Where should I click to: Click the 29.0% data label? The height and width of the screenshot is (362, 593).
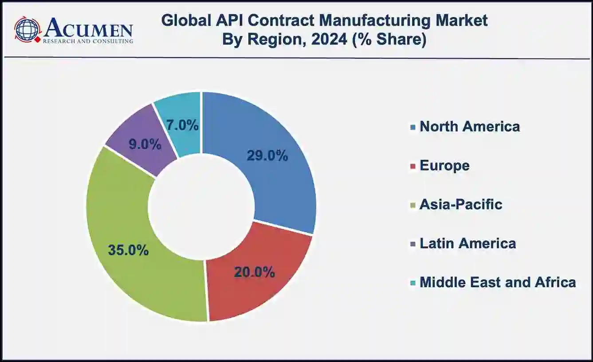coord(267,156)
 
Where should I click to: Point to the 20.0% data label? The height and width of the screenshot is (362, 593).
coord(255,272)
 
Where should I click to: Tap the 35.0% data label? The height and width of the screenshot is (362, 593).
coord(128,250)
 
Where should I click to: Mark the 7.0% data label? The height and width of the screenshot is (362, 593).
coord(182,125)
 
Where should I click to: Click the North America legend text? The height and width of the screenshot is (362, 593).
coord(470,126)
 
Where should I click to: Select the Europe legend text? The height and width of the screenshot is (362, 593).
coord(444,165)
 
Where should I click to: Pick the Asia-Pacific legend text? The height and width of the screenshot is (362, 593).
coord(461,204)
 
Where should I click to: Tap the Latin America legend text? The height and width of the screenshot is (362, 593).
coord(467,243)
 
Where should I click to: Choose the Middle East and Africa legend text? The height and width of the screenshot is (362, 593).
coord(498,282)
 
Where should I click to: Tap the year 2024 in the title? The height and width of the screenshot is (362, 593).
coord(329,39)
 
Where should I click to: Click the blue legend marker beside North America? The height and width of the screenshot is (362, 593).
coord(413,127)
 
